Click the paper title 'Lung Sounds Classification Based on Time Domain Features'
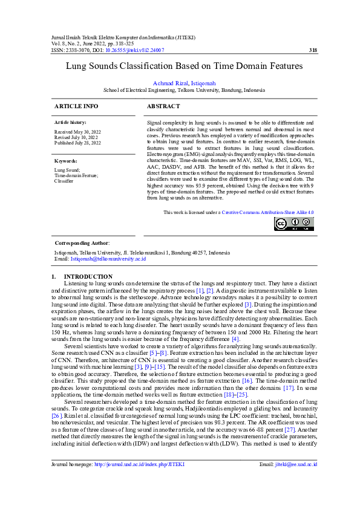(x=180, y=69)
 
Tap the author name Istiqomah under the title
(x=203, y=83)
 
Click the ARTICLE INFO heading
(x=76, y=106)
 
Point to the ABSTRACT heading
(x=163, y=106)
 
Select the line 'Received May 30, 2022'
(x=77, y=131)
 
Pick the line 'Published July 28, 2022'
(x=78, y=143)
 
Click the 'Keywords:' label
(x=66, y=161)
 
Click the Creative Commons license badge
(x=294, y=224)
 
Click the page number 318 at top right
(x=313, y=50)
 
